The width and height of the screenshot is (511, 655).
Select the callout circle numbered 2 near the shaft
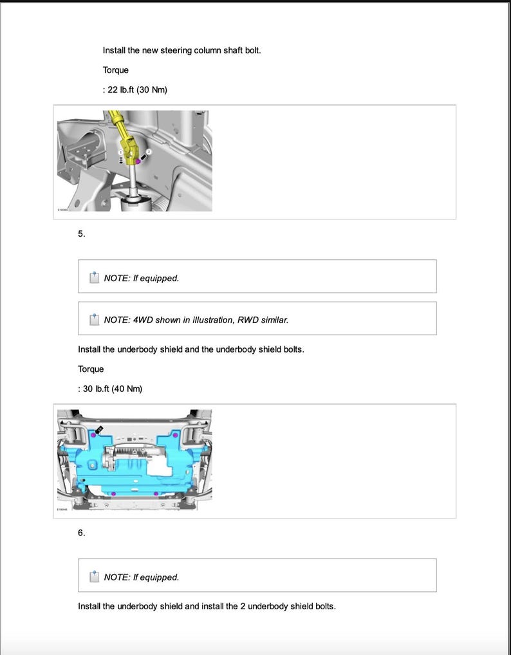149,151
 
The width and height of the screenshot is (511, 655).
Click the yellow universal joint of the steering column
131,149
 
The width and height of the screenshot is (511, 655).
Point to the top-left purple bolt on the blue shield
95,436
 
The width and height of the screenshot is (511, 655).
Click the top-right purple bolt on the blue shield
176,436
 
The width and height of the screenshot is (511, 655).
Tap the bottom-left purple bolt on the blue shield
113,494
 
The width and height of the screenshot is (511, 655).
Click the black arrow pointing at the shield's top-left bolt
100,429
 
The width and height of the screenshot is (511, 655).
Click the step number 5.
81,234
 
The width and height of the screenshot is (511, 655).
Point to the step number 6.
81,533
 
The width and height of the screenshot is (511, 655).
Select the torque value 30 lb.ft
95,389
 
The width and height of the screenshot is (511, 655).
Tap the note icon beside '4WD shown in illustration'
94,319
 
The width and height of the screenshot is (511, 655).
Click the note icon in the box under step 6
94,577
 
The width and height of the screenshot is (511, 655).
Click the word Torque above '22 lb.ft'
115,69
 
